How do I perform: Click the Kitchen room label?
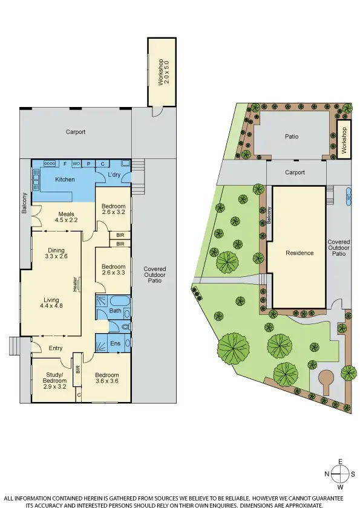click(x=65, y=180)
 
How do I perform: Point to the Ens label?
click(x=114, y=343)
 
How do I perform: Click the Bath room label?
click(x=115, y=311)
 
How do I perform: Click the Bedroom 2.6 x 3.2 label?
click(x=113, y=209)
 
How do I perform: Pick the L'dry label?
click(x=115, y=175)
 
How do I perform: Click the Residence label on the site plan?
click(x=299, y=253)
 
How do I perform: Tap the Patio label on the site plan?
click(x=292, y=137)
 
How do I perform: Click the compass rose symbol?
click(x=341, y=473)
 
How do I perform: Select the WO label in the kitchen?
click(x=76, y=164)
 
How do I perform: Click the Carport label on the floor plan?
click(x=76, y=132)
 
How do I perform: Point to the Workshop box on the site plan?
click(x=344, y=139)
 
